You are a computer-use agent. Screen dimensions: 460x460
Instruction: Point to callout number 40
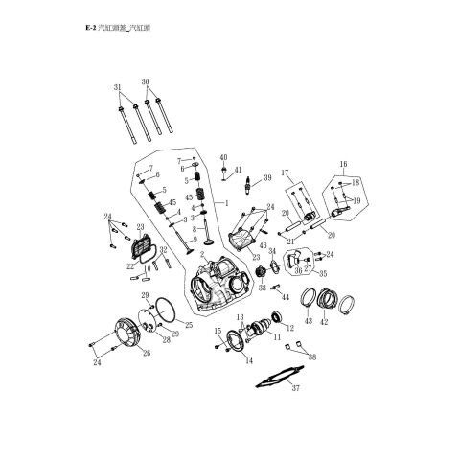click(x=222, y=156)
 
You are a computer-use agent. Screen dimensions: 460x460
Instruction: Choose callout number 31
click(x=119, y=88)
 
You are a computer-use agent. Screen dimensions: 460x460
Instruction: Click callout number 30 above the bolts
click(x=146, y=81)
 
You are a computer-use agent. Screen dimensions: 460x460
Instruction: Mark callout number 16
click(x=343, y=165)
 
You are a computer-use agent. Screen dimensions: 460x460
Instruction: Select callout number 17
click(x=286, y=172)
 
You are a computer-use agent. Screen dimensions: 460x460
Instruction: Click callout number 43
click(x=307, y=322)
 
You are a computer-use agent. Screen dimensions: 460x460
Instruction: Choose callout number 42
click(x=323, y=322)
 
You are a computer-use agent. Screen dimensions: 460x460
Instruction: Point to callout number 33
click(x=263, y=287)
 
